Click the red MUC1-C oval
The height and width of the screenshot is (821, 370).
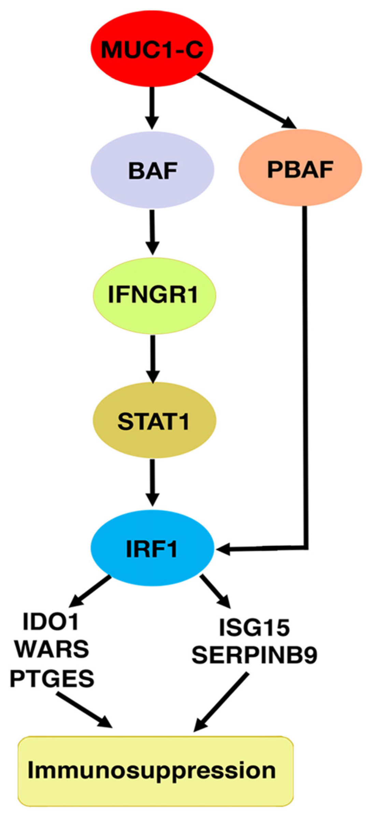[x=152, y=48]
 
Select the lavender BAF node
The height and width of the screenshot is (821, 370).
[x=152, y=170]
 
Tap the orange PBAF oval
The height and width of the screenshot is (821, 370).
[x=300, y=168]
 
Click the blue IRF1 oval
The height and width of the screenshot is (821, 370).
[x=152, y=548]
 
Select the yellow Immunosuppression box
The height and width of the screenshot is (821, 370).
[x=156, y=771]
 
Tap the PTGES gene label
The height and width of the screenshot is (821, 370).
[x=52, y=678]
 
